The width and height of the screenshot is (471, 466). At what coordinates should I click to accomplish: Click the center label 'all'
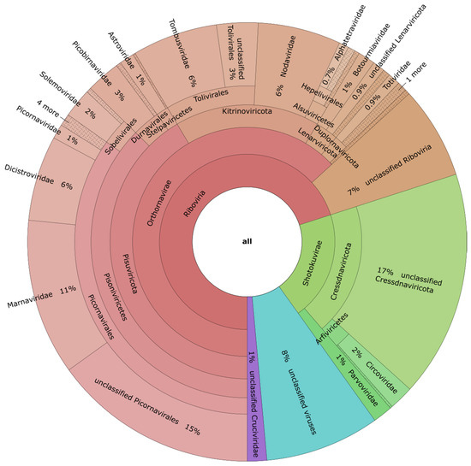(247, 242)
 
